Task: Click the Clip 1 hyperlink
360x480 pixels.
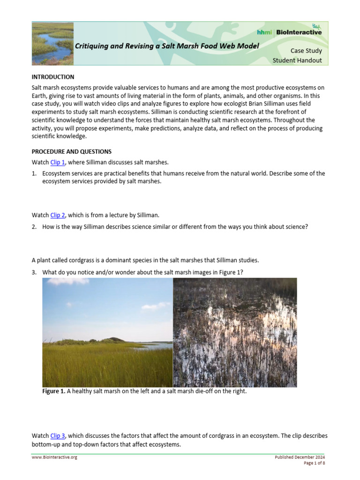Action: click(x=58, y=162)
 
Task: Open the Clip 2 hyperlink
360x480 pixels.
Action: click(x=58, y=215)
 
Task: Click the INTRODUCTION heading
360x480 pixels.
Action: click(x=52, y=77)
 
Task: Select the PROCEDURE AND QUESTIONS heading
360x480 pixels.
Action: click(x=71, y=152)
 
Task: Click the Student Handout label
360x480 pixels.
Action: click(x=297, y=60)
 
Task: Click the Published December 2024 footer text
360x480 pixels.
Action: click(x=300, y=457)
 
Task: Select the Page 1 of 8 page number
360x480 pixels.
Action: click(x=315, y=463)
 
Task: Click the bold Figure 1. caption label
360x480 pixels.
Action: click(x=54, y=391)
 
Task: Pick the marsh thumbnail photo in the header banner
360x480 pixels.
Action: click(x=52, y=43)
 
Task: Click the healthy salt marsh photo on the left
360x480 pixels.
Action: click(x=107, y=332)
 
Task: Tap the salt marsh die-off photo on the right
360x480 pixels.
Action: click(x=235, y=332)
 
